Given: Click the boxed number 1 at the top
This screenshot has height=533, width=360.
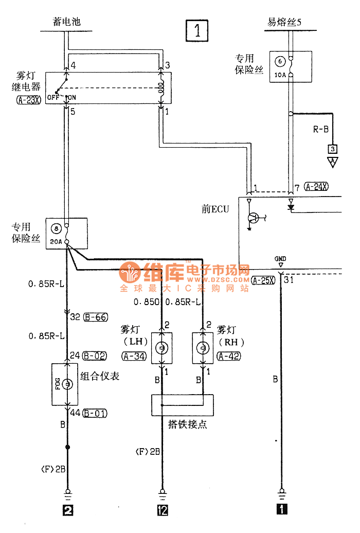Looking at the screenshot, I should [197, 31].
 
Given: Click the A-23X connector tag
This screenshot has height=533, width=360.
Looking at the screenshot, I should [28, 101].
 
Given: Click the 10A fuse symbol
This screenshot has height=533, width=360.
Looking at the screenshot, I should [291, 67].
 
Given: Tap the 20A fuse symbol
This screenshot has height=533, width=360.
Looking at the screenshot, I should [67, 234].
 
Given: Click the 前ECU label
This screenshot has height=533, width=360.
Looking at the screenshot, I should [215, 209].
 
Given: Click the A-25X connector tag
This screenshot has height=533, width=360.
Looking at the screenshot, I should [263, 280].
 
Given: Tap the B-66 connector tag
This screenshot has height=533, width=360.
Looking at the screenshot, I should [95, 317].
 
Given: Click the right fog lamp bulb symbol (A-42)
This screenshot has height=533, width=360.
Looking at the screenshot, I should [203, 349].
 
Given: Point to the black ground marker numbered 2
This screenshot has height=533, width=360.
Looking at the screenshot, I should [67, 510].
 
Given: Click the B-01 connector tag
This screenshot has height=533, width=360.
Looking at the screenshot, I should [95, 413].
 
